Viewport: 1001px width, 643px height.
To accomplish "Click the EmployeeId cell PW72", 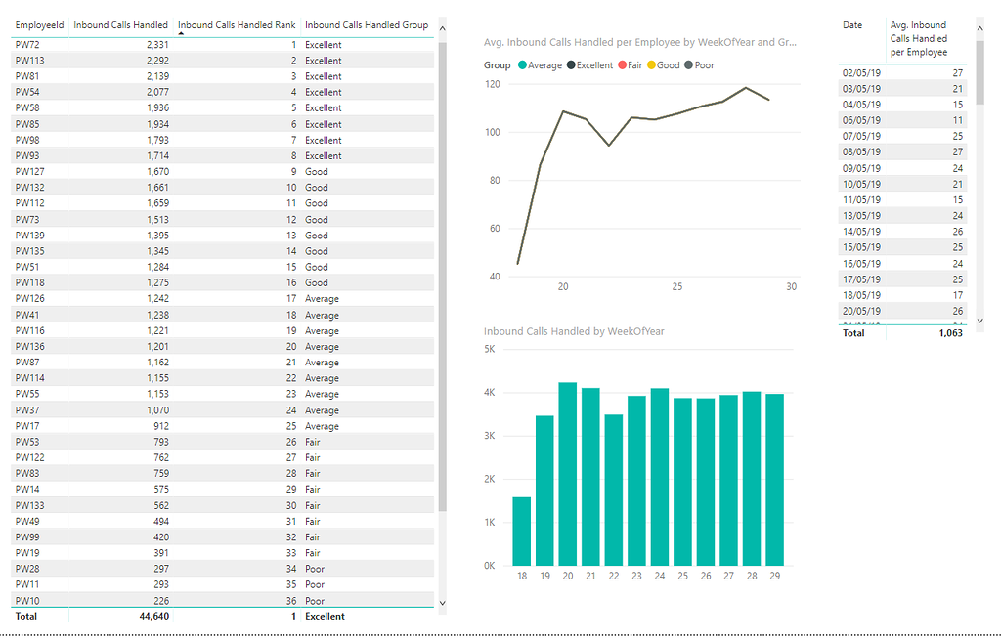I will point(26,45).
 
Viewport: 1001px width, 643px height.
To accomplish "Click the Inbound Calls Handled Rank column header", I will point(237,25).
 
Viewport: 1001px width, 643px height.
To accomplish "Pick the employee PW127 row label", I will point(29,171).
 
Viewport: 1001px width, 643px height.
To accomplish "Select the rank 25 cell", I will point(290,426).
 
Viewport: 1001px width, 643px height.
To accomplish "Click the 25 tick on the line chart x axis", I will point(677,287).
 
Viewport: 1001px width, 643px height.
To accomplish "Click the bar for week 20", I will point(568,474).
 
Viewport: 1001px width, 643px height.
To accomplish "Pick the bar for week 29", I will point(774,479).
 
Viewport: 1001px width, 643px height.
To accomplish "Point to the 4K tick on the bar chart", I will point(491,393).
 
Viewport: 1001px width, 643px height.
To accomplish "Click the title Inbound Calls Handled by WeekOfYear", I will point(574,331).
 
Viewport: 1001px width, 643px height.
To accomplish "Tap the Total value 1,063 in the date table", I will point(949,333).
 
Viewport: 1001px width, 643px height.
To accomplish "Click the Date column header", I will point(852,25).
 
